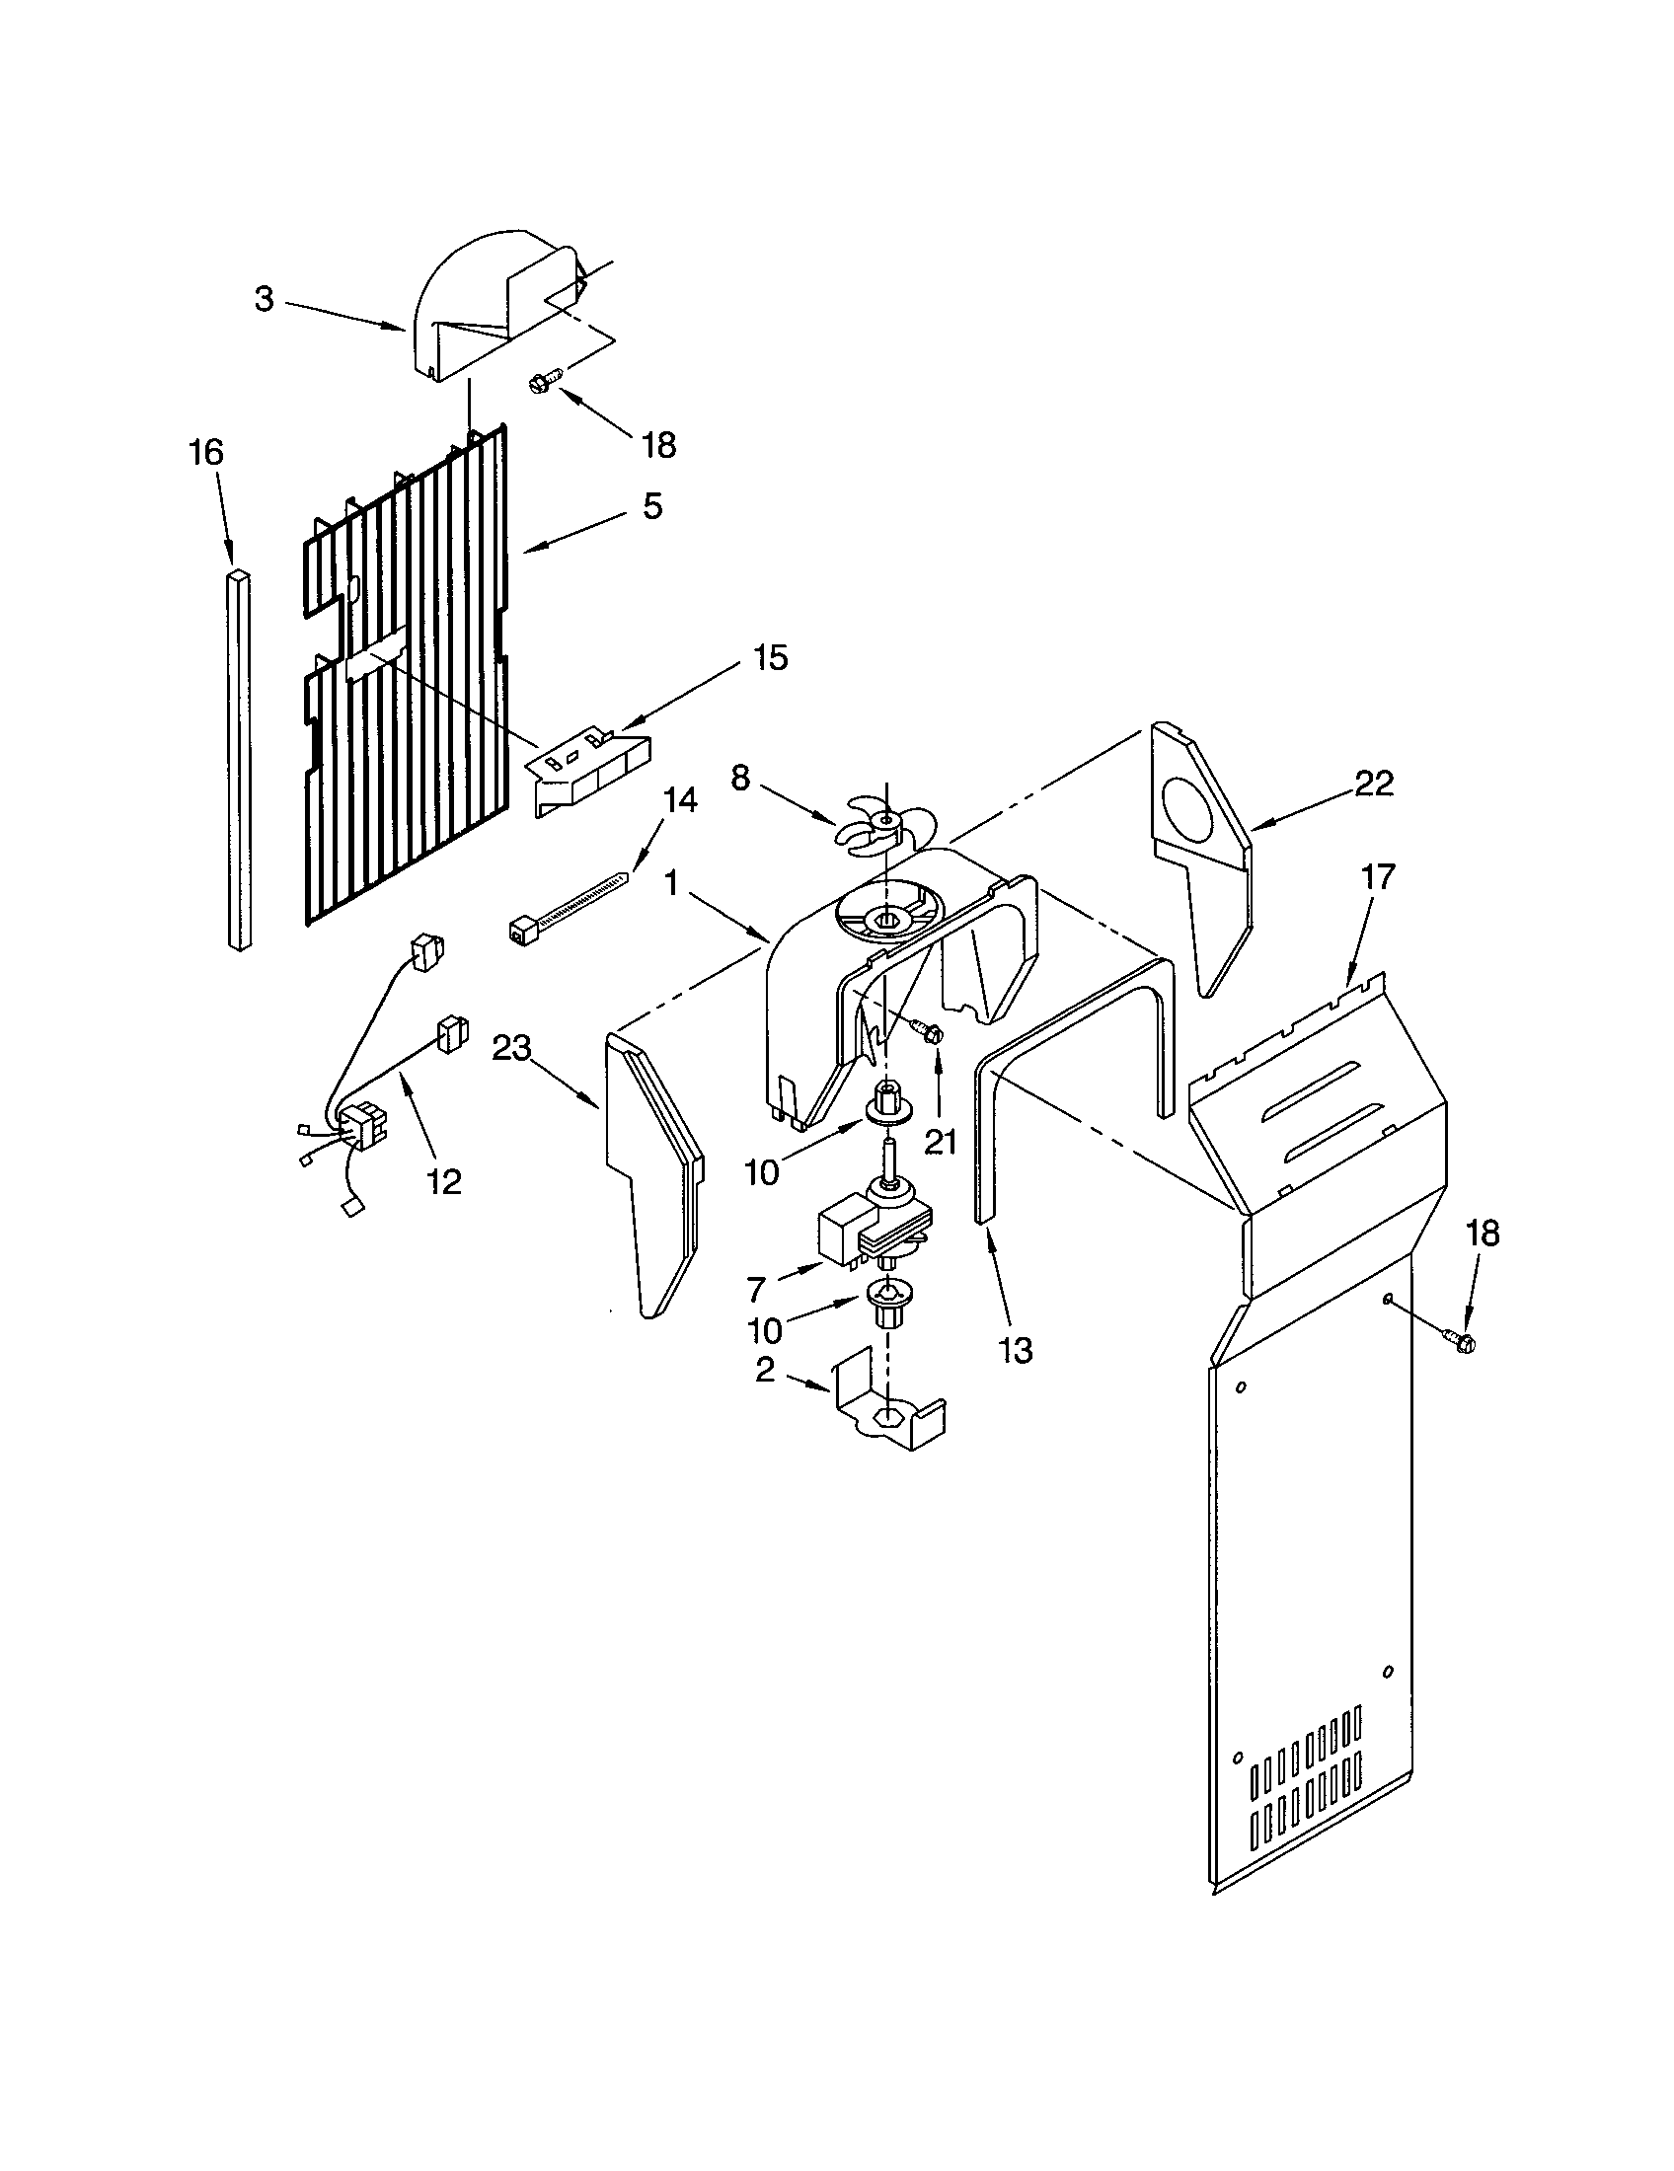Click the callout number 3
[264, 299]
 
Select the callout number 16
[206, 453]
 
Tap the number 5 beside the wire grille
[651, 506]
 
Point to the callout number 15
[771, 657]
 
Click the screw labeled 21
[932, 1033]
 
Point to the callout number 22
[1375, 784]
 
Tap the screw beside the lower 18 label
[1459, 1342]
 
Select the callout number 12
[444, 1182]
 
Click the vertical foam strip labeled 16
[239, 761]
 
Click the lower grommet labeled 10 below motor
[887, 1303]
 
